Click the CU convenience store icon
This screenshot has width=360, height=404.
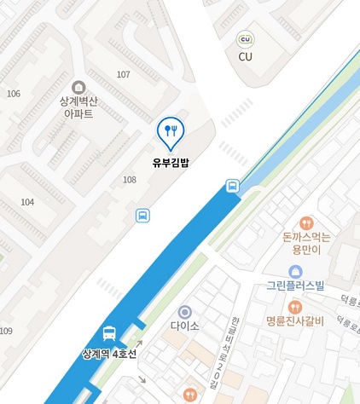[x=246, y=40]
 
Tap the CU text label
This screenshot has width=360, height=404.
[x=246, y=57]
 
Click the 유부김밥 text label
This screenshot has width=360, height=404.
[x=170, y=159]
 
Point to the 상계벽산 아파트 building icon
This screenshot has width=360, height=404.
[x=78, y=87]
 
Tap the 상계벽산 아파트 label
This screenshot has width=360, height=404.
[x=78, y=107]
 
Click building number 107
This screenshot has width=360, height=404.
[x=124, y=75]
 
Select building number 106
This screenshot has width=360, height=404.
[x=13, y=93]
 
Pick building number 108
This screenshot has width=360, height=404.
[x=130, y=180]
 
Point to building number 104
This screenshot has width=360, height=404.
[x=27, y=202]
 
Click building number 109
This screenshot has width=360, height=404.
[x=6, y=331]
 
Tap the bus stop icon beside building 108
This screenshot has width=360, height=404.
[x=142, y=215]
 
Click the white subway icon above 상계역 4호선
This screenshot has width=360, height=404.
[x=109, y=333]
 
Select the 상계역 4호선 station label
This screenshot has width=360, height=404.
[x=108, y=353]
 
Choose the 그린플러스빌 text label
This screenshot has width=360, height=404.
[x=295, y=286]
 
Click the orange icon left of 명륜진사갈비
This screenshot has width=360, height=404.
[x=295, y=307]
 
